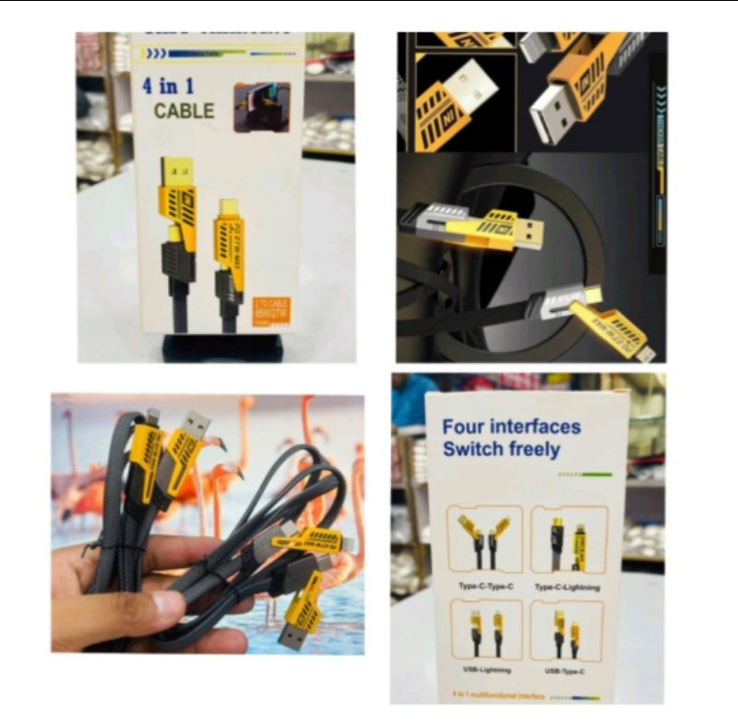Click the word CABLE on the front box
click(x=184, y=111)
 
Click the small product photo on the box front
click(x=261, y=106)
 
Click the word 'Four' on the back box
click(x=464, y=427)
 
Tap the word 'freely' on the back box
click(x=530, y=450)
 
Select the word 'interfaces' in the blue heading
click(x=537, y=427)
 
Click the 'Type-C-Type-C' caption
click(x=484, y=586)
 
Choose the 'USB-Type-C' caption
click(x=566, y=670)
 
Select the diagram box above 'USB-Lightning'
click(x=485, y=629)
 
